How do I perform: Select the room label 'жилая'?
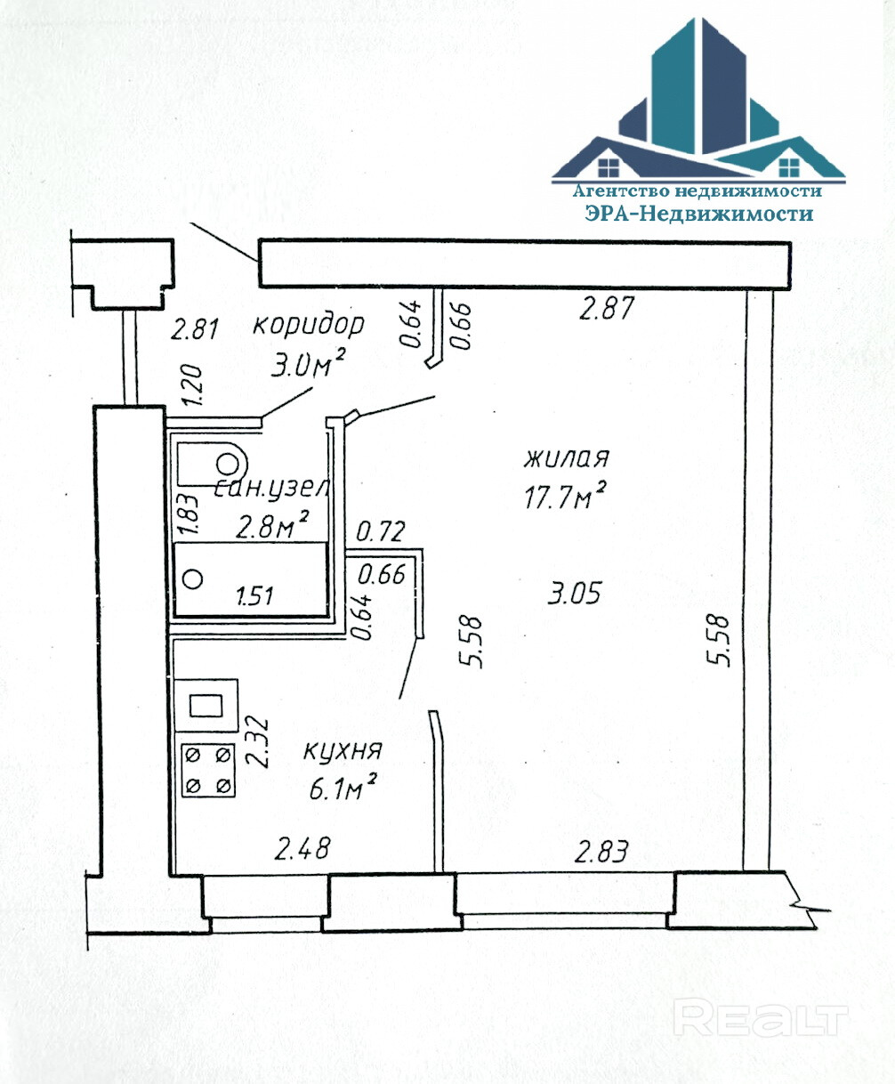click(x=566, y=459)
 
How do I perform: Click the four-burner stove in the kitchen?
click(x=208, y=769)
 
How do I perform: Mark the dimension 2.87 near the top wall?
click(x=607, y=310)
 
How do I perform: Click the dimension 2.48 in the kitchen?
click(x=302, y=849)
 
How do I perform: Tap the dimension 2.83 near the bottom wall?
click(x=602, y=853)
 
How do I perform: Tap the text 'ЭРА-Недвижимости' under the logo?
click(x=698, y=214)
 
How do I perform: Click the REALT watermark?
click(x=761, y=1017)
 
